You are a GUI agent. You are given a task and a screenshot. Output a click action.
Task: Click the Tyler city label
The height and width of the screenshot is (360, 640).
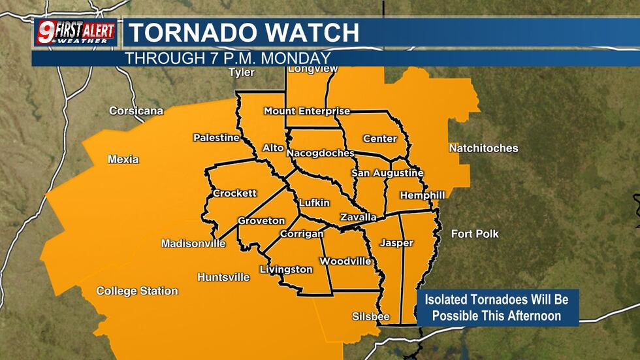[x=241, y=73]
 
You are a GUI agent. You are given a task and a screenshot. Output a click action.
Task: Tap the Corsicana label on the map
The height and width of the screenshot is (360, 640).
[x=136, y=111]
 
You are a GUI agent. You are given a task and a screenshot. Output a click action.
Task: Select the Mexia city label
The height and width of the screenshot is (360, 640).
[x=123, y=159]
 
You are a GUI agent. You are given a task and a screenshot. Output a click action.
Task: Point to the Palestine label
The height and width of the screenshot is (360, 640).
[x=216, y=138]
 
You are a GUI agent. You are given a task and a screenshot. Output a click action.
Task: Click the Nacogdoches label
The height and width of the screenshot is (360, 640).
[x=320, y=153]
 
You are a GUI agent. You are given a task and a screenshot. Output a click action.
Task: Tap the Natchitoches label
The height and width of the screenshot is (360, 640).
[x=483, y=148]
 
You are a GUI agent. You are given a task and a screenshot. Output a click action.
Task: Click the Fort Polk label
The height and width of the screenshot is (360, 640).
[x=475, y=234]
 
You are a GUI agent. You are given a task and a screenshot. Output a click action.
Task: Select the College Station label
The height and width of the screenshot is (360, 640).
[x=137, y=291]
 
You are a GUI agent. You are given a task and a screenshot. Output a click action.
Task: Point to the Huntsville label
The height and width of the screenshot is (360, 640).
[x=223, y=277]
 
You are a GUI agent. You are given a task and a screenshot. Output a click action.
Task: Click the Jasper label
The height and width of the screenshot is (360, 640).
[x=396, y=243]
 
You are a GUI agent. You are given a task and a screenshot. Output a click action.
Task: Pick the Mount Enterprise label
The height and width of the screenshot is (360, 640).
[x=307, y=111]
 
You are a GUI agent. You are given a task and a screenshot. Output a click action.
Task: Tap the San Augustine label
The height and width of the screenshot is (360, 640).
[x=387, y=173]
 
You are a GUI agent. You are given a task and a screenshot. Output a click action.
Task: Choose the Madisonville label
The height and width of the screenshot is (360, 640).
[x=193, y=244]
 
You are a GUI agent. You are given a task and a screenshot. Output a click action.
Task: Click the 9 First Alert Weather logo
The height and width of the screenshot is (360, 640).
[x=76, y=32]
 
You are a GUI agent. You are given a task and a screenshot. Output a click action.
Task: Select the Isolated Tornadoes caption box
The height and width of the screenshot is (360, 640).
[x=498, y=308]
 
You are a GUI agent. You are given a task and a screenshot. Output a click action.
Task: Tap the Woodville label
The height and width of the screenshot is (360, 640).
[x=345, y=261]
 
